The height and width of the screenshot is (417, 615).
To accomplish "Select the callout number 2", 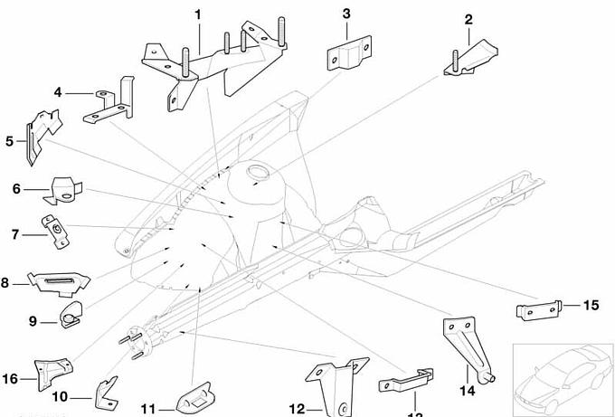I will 468,19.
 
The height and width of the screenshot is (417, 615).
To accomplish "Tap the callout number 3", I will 346,13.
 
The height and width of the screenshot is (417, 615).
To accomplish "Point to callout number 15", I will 591,305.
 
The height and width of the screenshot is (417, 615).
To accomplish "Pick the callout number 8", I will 6,283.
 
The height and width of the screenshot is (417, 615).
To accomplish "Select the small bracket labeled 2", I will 468,56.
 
